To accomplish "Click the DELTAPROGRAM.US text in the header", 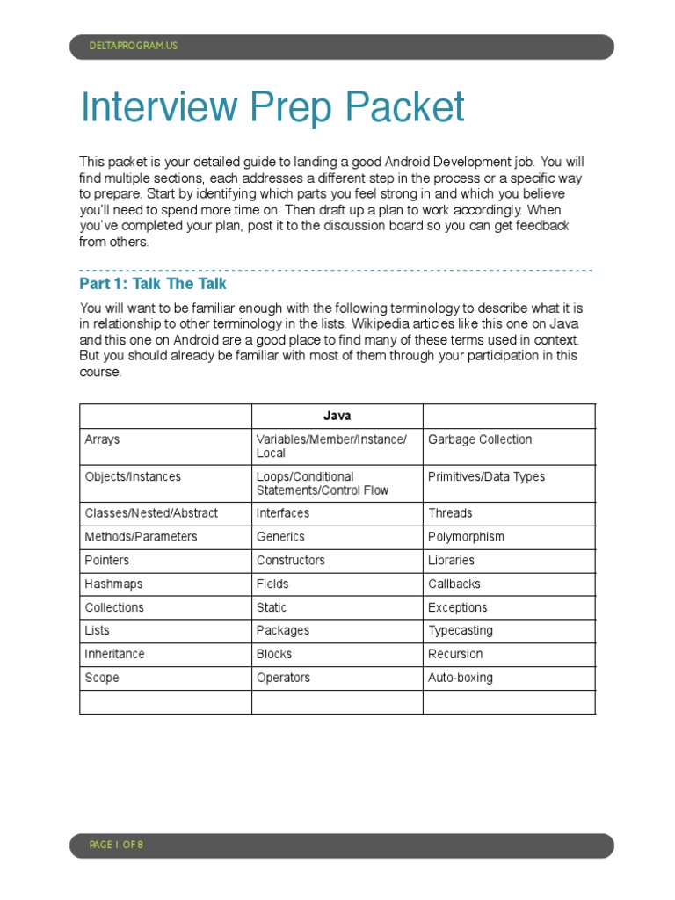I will tap(134, 46).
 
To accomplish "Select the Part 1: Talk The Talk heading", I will tap(153, 284).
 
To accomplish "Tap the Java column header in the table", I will tap(337, 416).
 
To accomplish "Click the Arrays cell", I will tap(102, 439).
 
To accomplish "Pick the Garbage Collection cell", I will tap(479, 439).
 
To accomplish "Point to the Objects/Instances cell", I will tap(133, 476).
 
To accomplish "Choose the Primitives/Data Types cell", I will tap(486, 476).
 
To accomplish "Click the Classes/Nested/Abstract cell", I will tap(151, 513).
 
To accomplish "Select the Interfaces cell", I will tap(283, 513).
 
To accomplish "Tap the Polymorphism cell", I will tap(466, 537).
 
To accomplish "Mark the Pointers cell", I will tap(106, 561).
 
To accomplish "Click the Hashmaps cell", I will tap(113, 584).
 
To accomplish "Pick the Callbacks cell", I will tap(454, 584).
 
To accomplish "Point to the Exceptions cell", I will tap(457, 607).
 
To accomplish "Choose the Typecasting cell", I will tap(460, 631).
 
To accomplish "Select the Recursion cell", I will tap(455, 655).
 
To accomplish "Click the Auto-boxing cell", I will tap(460, 678).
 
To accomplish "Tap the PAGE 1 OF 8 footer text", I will tap(116, 845).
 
